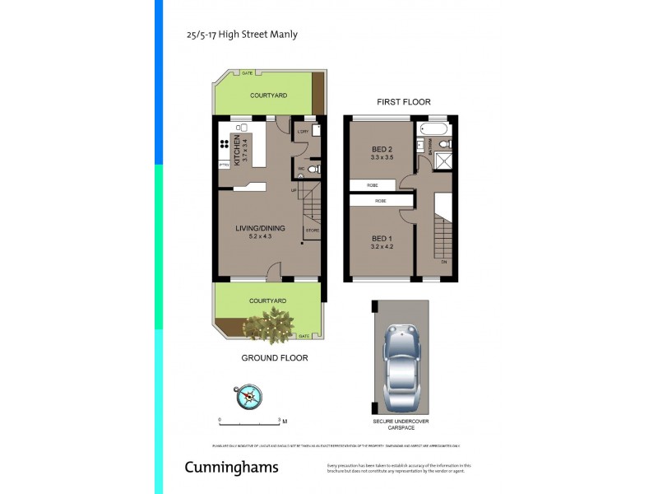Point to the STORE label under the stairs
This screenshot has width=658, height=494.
[312, 230]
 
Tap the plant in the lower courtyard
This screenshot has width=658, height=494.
[271, 324]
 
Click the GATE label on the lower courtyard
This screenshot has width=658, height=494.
[304, 336]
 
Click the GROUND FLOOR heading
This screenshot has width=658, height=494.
[274, 358]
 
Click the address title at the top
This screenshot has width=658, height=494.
[242, 35]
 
